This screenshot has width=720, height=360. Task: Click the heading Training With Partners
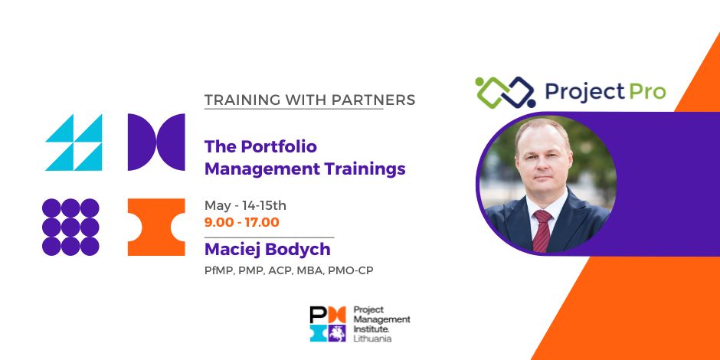(x=309, y=100)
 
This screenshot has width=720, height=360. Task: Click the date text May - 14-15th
(x=245, y=206)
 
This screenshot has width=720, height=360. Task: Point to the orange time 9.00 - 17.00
(x=242, y=223)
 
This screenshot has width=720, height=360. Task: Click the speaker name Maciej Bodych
(x=267, y=250)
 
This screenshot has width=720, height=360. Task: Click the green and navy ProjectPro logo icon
(x=506, y=92)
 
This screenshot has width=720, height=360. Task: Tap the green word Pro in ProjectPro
(x=646, y=91)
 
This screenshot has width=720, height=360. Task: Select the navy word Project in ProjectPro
(x=585, y=92)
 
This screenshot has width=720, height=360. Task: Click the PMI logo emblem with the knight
(x=328, y=324)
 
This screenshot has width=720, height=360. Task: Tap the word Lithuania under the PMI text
(x=372, y=339)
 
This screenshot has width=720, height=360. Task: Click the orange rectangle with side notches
(x=156, y=227)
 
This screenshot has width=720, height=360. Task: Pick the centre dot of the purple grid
(x=70, y=227)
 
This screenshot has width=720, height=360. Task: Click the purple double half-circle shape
(x=156, y=142)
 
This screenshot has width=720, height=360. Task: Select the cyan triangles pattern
(x=74, y=142)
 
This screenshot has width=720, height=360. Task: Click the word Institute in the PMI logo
(x=371, y=329)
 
